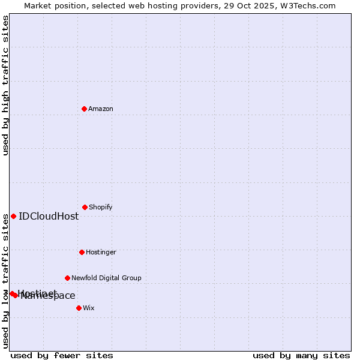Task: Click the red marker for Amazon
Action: point(84,109)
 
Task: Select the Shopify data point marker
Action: point(85,207)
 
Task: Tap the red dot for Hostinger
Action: point(82,252)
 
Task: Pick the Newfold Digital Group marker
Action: point(67,278)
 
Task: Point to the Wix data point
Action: point(79,308)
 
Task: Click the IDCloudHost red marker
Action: point(13,216)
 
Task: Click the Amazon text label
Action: point(101,109)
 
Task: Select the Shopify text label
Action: point(101,207)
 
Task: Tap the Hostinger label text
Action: point(101,252)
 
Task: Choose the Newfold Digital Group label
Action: point(106,278)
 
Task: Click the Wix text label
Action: point(89,308)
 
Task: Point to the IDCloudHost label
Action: point(49,216)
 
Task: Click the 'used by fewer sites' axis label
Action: point(62,355)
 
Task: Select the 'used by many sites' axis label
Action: point(301,355)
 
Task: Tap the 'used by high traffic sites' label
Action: point(5,85)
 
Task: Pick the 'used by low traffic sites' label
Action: point(5,282)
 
